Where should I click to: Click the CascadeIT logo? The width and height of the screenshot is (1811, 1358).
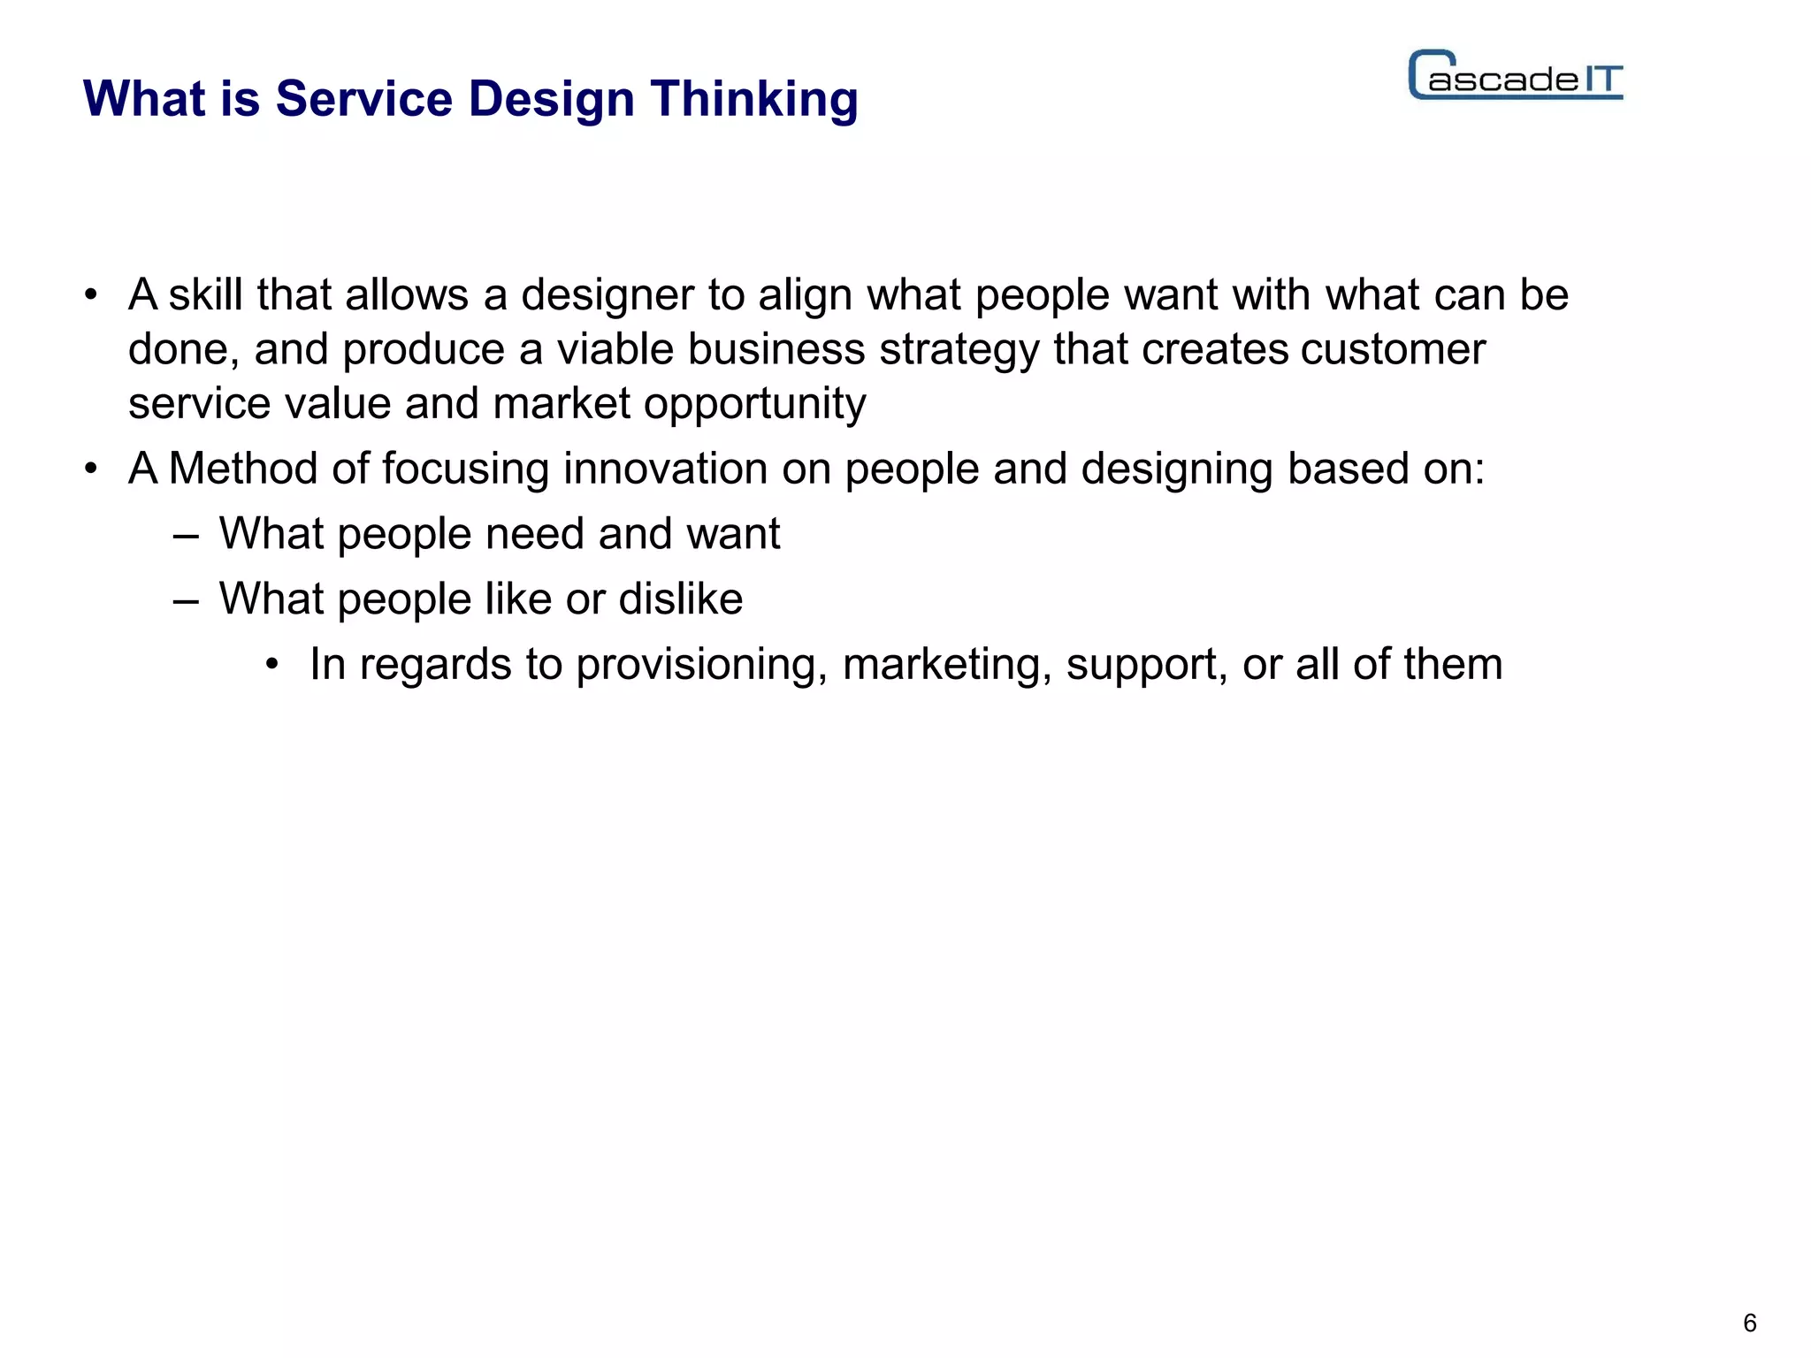coord(1516,76)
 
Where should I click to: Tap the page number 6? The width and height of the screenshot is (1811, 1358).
coord(1749,1323)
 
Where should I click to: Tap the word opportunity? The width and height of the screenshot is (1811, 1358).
coord(754,405)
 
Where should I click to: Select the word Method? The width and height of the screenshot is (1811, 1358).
coord(243,469)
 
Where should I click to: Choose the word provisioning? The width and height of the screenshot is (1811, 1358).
coord(701,666)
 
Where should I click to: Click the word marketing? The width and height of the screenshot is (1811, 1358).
coord(947,666)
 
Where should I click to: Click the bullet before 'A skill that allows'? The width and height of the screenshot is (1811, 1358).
coord(91,295)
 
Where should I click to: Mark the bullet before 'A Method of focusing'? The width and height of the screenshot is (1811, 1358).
coord(91,469)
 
